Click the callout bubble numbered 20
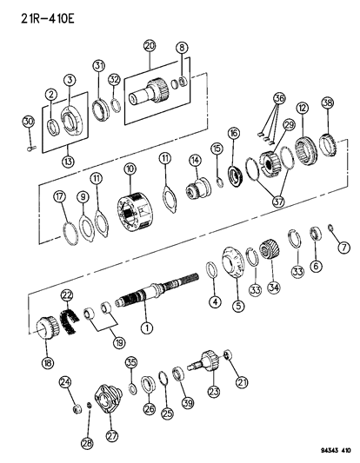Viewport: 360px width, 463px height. (x=149, y=44)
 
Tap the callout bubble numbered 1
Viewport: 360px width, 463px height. (x=148, y=328)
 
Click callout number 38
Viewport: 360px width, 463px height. (x=328, y=102)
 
